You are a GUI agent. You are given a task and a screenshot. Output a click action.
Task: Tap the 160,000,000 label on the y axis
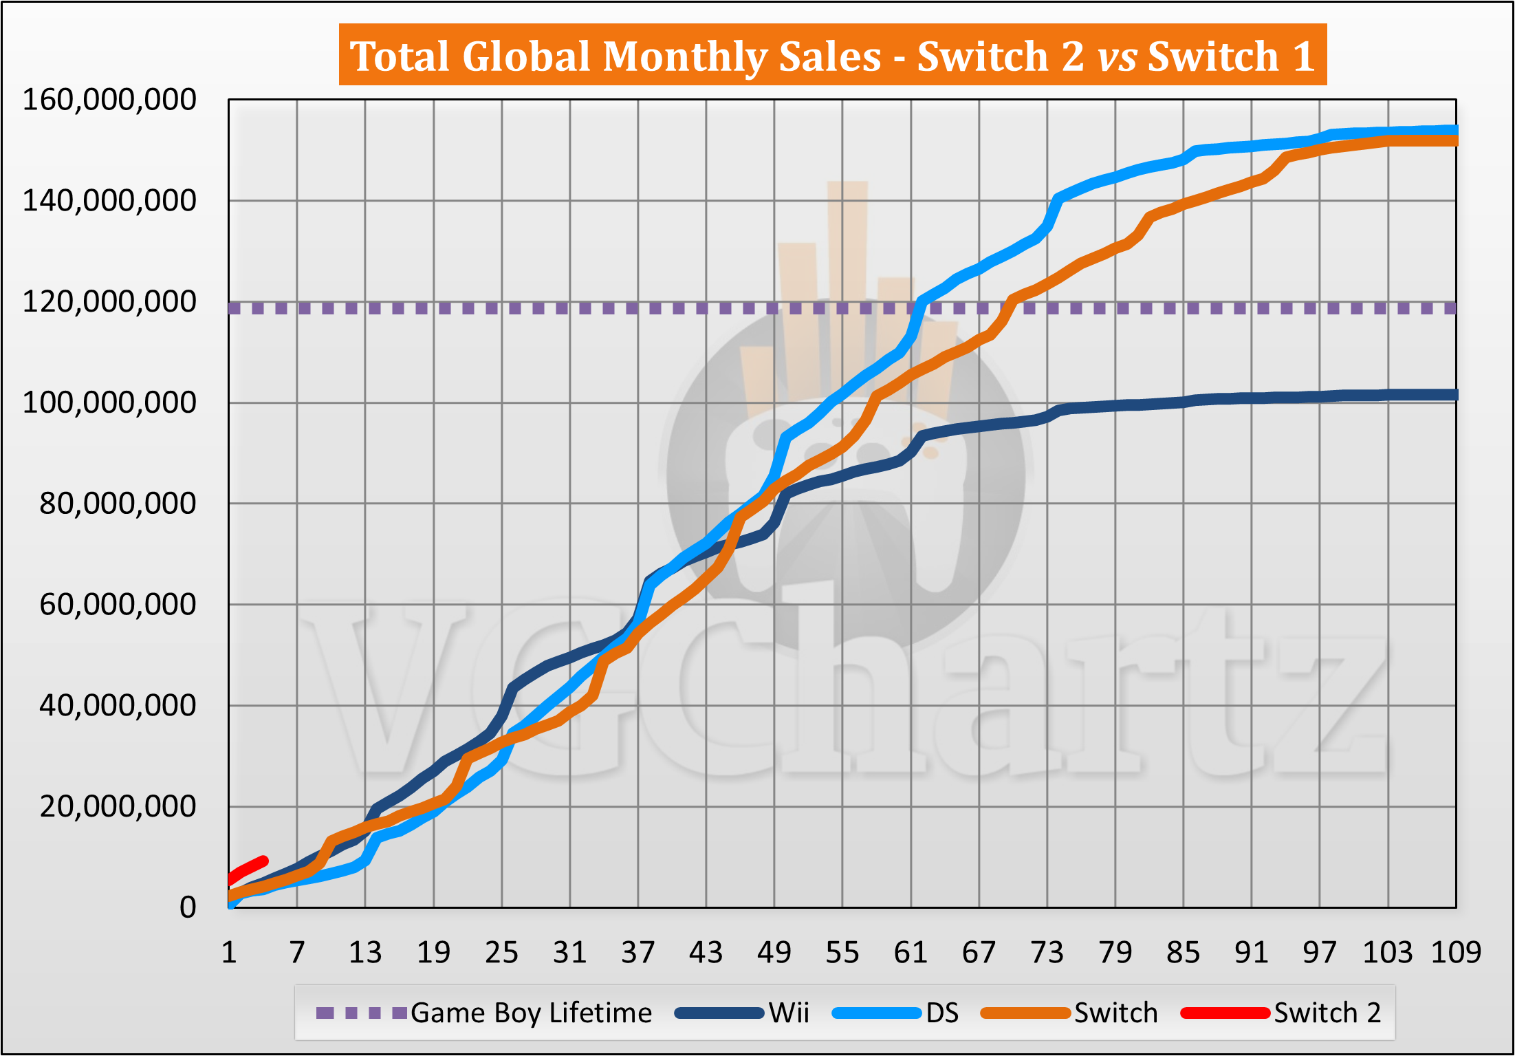click(109, 100)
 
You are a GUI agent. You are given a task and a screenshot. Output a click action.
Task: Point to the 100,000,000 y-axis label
click(109, 403)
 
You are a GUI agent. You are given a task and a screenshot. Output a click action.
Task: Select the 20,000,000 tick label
click(118, 807)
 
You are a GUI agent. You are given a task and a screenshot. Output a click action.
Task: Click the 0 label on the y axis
click(188, 908)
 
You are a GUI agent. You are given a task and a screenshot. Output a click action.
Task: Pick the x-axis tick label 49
click(774, 953)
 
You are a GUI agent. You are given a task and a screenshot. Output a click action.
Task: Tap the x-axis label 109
click(1456, 953)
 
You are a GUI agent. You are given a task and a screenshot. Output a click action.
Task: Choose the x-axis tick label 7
click(296, 953)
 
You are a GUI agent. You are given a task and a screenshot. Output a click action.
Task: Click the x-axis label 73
click(1047, 953)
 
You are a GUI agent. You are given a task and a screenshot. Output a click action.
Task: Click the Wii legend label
click(789, 1013)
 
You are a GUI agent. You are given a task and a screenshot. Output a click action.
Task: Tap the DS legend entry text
click(942, 1013)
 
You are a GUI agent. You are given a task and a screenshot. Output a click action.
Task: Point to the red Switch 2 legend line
click(1225, 1013)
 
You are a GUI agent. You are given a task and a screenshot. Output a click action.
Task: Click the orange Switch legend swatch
click(1025, 1013)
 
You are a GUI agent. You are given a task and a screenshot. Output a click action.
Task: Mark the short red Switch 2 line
click(248, 870)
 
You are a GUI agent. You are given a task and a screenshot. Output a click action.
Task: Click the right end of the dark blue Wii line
click(1454, 395)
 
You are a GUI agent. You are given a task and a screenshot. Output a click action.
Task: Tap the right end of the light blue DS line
click(1454, 130)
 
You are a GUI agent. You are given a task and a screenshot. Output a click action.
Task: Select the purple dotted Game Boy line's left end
click(235, 308)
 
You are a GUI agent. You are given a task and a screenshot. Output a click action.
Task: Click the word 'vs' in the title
click(1117, 56)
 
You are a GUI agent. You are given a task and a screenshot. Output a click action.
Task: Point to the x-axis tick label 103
click(1388, 953)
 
